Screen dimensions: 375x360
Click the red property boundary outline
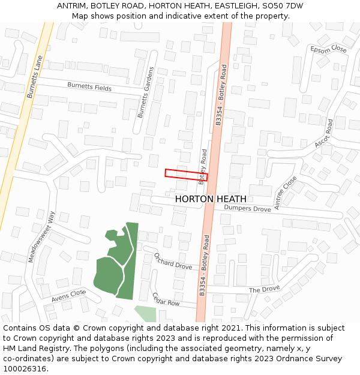pyautogui.click(x=186, y=175)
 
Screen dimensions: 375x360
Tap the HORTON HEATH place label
pyautogui.click(x=211, y=199)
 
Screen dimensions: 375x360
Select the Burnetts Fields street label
pyautogui.click(x=89, y=87)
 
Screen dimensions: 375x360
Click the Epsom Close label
pyautogui.click(x=329, y=49)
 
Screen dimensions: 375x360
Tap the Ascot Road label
pyautogui.click(x=324, y=133)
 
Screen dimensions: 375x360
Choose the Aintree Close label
pyautogui.click(x=286, y=192)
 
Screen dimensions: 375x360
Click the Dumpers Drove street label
pyautogui.click(x=247, y=208)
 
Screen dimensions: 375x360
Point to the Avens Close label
pyautogui.click(x=68, y=295)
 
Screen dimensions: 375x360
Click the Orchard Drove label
pyautogui.click(x=173, y=261)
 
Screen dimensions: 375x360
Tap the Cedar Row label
pyautogui.click(x=166, y=299)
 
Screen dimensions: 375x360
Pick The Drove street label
pyautogui.click(x=264, y=290)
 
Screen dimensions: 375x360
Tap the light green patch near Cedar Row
pyautogui.click(x=146, y=314)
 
